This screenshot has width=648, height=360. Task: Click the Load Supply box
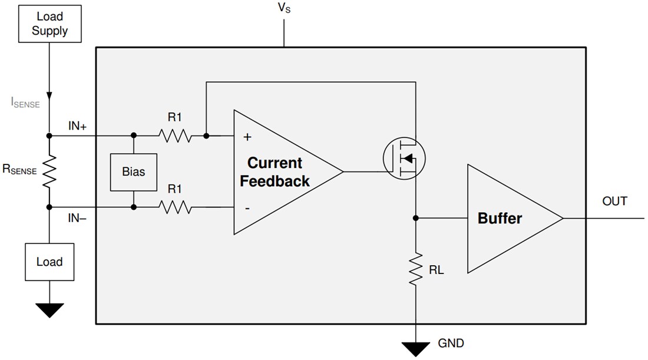coord(49,24)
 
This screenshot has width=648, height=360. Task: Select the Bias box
coord(134,172)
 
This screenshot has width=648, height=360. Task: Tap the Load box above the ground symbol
coord(49,262)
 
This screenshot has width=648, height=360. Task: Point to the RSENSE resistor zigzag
coord(49,171)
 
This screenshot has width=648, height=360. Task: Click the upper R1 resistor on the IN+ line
coord(174,136)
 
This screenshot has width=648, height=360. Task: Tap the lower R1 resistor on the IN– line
coord(174,207)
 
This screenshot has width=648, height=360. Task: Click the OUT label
coord(614,202)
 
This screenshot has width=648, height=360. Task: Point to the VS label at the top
coord(284,10)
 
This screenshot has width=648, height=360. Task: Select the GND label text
coord(451,344)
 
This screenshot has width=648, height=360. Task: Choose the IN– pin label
coord(78,219)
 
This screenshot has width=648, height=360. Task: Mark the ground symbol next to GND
coord(416,348)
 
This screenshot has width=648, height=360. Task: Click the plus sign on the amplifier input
coord(247,137)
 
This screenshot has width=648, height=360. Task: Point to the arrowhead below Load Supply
coord(49,95)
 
